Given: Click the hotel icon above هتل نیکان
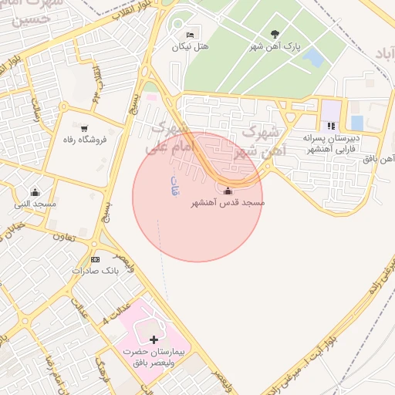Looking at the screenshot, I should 191,35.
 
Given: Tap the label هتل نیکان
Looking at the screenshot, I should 190,47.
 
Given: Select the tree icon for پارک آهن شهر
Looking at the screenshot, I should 275,34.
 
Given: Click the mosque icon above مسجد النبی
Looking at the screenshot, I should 35,192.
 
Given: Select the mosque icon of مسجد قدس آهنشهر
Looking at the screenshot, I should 227,191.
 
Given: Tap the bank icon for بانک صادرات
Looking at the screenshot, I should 95,259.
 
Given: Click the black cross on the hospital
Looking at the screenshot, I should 154,339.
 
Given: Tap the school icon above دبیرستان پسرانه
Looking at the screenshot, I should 331,126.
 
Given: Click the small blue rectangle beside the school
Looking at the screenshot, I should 356,123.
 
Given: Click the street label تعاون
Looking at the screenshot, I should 63,238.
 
